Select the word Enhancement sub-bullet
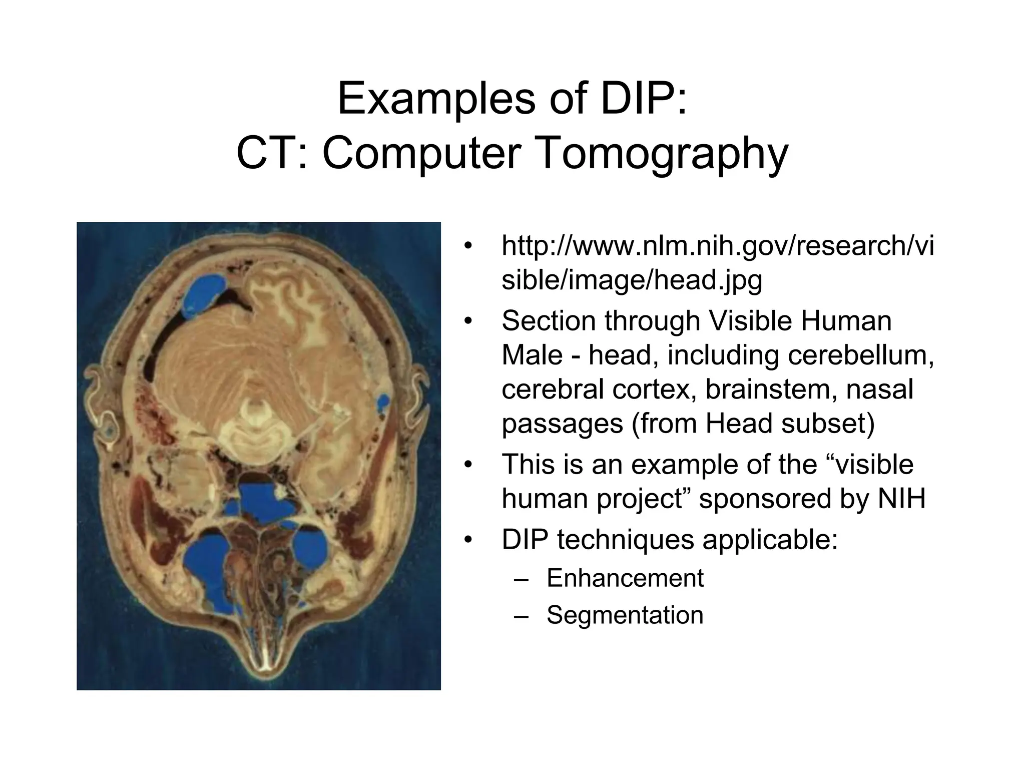(625, 578)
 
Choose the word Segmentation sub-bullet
(625, 615)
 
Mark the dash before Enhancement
(521, 579)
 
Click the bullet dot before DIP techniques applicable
(467, 541)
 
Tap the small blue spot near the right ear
(382, 401)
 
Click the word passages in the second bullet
(563, 424)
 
